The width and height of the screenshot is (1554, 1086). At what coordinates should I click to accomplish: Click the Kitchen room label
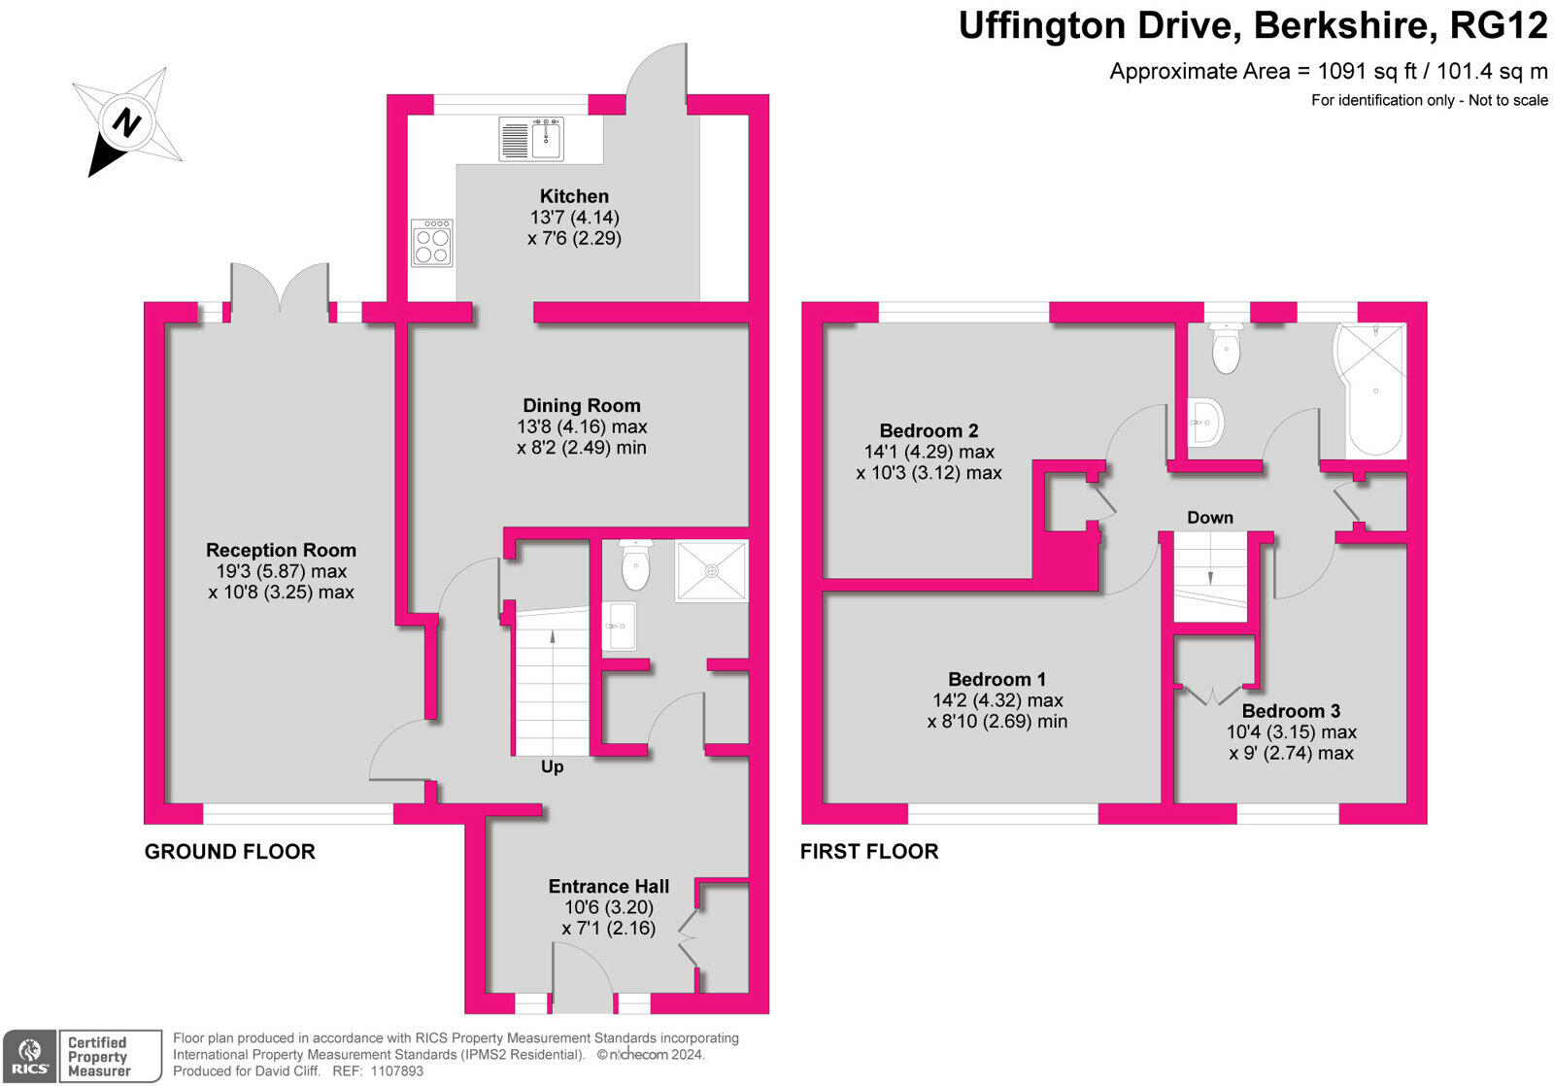click(x=574, y=196)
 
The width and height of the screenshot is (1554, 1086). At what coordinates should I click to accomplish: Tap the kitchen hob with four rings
click(x=431, y=243)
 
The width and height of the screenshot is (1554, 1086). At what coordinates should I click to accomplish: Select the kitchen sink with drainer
click(x=532, y=139)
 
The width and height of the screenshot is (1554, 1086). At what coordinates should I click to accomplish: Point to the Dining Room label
click(x=582, y=405)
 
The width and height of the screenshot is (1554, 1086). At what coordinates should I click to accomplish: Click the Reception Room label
click(x=281, y=551)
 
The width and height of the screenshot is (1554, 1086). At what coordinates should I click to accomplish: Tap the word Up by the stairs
click(x=552, y=766)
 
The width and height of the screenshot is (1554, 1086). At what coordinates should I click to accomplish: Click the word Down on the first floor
click(x=1210, y=518)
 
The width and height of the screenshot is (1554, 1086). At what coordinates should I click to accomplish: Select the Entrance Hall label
click(x=608, y=886)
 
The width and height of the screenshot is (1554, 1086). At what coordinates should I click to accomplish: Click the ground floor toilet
click(x=635, y=565)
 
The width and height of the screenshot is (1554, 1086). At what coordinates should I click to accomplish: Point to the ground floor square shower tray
click(x=712, y=570)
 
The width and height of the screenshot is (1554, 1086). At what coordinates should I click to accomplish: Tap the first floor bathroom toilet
click(x=1226, y=348)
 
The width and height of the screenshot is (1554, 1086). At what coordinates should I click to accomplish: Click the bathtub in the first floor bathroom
click(x=1375, y=390)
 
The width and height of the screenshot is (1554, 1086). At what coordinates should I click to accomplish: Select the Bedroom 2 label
click(x=929, y=431)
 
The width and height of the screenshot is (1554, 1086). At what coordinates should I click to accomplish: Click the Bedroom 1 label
click(x=997, y=679)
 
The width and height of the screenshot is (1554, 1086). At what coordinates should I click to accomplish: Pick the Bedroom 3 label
click(x=1291, y=711)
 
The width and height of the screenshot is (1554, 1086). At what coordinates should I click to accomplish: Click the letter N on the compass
click(x=127, y=123)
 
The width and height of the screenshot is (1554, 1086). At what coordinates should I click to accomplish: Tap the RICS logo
click(x=30, y=1057)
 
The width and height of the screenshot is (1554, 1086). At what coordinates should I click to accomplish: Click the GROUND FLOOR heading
click(x=229, y=852)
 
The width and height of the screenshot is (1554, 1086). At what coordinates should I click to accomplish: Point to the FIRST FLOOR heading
click(x=869, y=852)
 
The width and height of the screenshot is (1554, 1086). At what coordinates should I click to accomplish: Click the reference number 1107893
click(x=397, y=1070)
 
